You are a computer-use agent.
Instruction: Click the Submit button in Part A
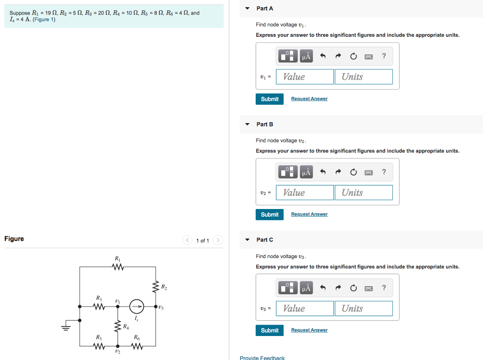point(269,99)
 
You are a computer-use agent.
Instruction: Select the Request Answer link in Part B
point(309,214)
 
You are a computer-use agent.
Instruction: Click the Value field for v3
point(305,309)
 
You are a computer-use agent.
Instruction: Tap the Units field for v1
point(364,77)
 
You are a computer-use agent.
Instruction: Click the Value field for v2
point(305,193)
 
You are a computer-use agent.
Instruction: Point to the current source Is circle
point(136,307)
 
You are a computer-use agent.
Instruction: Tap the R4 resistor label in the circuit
point(125,327)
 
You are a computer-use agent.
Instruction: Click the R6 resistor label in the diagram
point(136,337)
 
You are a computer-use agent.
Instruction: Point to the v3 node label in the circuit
point(161,308)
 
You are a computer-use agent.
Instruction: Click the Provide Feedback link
point(262,358)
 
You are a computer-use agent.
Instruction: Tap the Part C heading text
point(265,240)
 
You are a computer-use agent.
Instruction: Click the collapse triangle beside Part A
point(247,8)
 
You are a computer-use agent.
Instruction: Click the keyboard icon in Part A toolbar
point(369,57)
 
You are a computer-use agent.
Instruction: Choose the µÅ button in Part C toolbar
point(306,288)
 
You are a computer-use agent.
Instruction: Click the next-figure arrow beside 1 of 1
point(217,240)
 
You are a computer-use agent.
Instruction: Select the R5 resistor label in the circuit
point(99,337)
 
